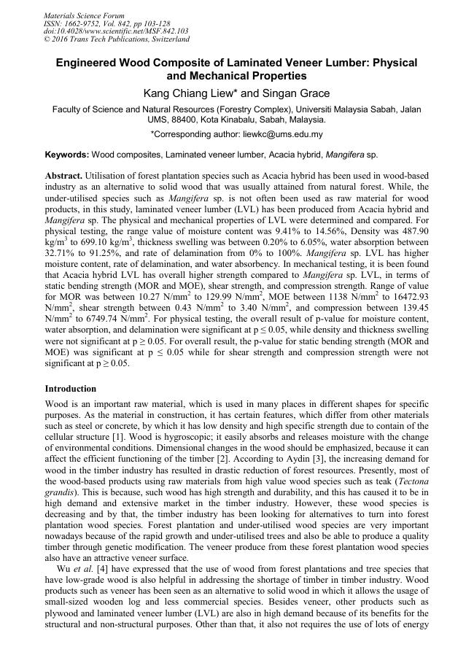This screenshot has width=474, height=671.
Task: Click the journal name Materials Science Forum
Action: tap(84, 15)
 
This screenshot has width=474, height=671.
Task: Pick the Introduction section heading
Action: tap(71, 389)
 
